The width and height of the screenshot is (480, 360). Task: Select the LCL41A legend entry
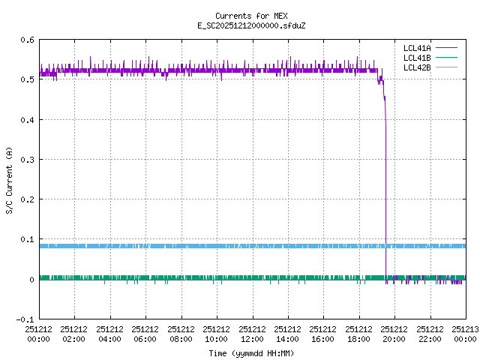pos(417,48)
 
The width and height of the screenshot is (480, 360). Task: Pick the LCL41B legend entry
pos(417,58)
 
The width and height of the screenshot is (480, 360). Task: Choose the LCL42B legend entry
pos(417,67)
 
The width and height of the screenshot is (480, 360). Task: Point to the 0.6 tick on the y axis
pos(28,40)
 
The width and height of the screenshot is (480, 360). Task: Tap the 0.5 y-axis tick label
pos(28,79)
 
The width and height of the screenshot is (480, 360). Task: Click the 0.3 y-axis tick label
pos(28,160)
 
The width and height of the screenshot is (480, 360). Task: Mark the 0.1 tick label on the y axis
pos(28,240)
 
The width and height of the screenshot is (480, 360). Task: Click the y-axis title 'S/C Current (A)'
pos(10,180)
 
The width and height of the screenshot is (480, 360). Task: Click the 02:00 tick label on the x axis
pos(74,334)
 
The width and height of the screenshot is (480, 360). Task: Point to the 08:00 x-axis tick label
pos(181,334)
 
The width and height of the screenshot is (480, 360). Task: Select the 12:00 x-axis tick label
pos(253,334)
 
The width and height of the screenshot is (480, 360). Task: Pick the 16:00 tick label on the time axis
pos(324,334)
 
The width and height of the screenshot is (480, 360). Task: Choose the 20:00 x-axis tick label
pos(395,334)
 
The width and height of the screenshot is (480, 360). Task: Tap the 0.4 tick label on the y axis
pos(28,120)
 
